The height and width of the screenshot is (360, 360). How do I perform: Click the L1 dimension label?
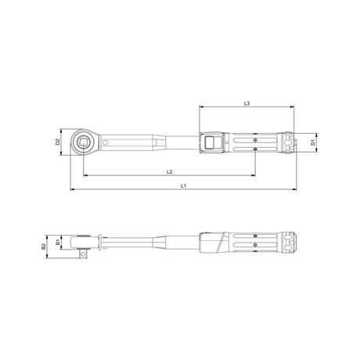[183, 185]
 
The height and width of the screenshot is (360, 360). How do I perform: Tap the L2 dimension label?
[169, 171]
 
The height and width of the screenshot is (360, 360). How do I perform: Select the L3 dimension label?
[247, 103]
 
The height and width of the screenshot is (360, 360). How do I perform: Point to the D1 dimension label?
[313, 142]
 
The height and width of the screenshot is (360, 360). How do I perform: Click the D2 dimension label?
[58, 142]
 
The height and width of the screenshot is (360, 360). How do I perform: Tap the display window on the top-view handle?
[210, 142]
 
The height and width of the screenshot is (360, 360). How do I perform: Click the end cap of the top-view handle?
[290, 142]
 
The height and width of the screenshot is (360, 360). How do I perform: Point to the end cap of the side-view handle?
[290, 242]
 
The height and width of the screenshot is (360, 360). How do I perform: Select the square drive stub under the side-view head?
[83, 252]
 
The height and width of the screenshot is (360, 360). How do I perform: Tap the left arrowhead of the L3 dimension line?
[200, 107]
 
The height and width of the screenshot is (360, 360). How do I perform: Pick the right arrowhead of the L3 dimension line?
[294, 107]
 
